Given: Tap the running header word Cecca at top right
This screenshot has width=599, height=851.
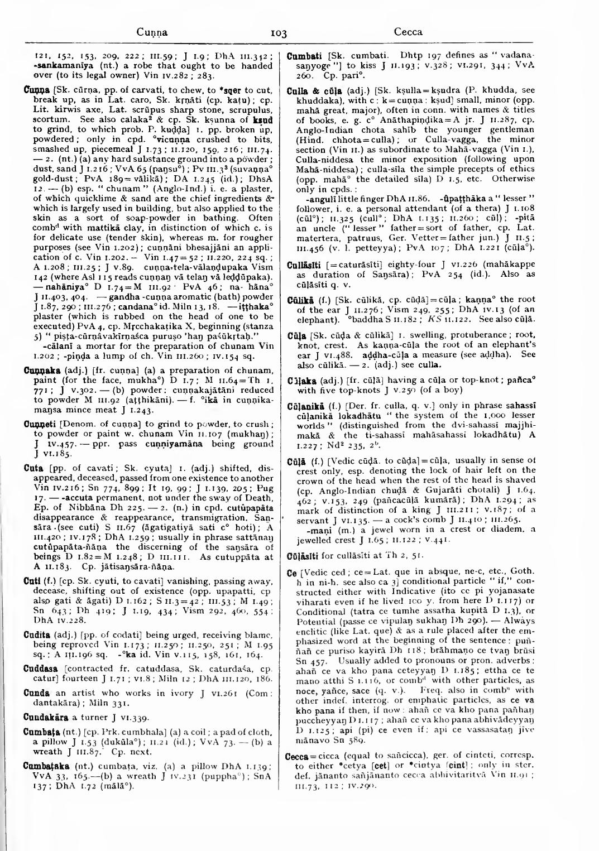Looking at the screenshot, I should point(408,32).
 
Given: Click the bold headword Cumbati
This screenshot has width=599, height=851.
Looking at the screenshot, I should point(303,56).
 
